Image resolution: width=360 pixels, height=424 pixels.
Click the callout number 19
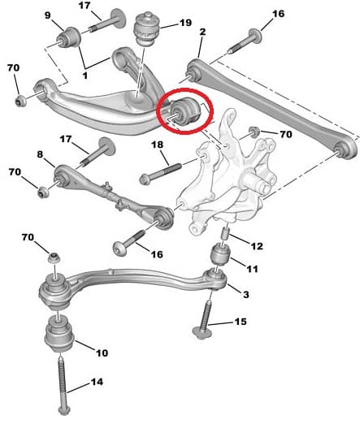[x=185, y=23]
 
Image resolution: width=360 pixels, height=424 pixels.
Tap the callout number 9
[x=48, y=15]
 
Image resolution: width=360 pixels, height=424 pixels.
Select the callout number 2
[x=202, y=32]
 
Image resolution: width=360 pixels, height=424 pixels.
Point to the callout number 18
[x=158, y=145]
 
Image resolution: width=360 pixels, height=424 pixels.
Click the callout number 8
[x=40, y=154]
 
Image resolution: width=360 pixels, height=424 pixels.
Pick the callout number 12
[x=257, y=246]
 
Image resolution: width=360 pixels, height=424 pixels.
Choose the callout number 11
[x=252, y=269]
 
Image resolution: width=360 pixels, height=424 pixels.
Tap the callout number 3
[x=245, y=294]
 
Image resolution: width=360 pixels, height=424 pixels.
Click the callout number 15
[x=241, y=322]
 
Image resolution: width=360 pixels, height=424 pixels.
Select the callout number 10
[x=102, y=353]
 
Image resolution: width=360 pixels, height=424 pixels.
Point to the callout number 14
[x=97, y=382]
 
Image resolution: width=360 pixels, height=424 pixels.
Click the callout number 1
[x=85, y=75]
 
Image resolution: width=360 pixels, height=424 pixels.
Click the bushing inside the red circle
[x=185, y=112]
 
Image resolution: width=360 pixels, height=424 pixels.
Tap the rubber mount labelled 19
[x=148, y=28]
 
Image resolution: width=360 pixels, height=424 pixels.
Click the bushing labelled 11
[x=220, y=255]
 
